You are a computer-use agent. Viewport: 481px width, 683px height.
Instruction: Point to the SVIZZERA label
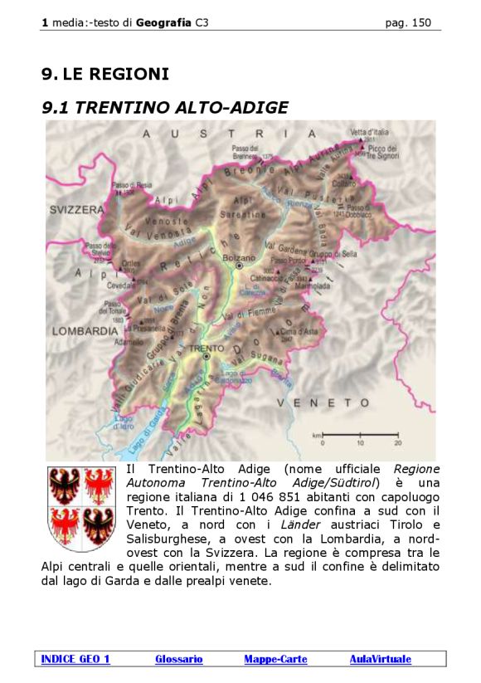(75, 210)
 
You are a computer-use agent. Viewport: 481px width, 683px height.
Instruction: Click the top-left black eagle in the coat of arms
(64, 486)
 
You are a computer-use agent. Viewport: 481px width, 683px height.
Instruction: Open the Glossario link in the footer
(178, 659)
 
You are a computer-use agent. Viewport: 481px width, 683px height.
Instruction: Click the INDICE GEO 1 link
(75, 659)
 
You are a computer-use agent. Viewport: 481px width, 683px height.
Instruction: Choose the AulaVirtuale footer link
(380, 659)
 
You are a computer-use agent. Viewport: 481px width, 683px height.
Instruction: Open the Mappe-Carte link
(275, 659)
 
